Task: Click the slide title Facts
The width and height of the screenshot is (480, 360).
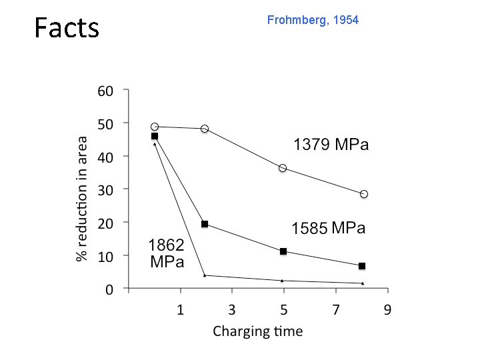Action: pyautogui.click(x=67, y=29)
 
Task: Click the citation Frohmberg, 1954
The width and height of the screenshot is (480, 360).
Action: pyautogui.click(x=313, y=21)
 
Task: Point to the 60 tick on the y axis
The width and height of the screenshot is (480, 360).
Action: pyautogui.click(x=105, y=91)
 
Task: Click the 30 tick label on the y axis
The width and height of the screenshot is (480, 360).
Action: pyautogui.click(x=105, y=189)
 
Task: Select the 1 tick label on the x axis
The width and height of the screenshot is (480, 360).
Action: pyautogui.click(x=181, y=309)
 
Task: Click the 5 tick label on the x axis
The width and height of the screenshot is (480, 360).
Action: pyautogui.click(x=284, y=309)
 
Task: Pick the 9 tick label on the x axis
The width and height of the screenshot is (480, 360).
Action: pyautogui.click(x=387, y=309)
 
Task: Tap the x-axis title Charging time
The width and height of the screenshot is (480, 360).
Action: pyautogui.click(x=257, y=331)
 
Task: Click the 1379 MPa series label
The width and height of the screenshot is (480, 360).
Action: pyautogui.click(x=331, y=145)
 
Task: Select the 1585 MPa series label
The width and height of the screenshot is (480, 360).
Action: pyautogui.click(x=329, y=229)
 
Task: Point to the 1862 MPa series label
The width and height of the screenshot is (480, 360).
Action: pyautogui.click(x=167, y=253)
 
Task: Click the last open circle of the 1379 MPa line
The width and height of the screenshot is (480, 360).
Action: pyautogui.click(x=364, y=194)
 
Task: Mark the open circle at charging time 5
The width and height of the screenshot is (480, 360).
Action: pyautogui.click(x=283, y=168)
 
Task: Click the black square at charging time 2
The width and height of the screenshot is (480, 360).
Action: pyautogui.click(x=205, y=224)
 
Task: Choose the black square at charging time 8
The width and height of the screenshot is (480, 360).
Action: pyautogui.click(x=362, y=266)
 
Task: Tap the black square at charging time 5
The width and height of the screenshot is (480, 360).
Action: pyautogui.click(x=283, y=251)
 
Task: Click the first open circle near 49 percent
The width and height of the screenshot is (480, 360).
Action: pyautogui.click(x=155, y=127)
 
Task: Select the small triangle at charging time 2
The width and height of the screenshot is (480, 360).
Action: pyautogui.click(x=205, y=275)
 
